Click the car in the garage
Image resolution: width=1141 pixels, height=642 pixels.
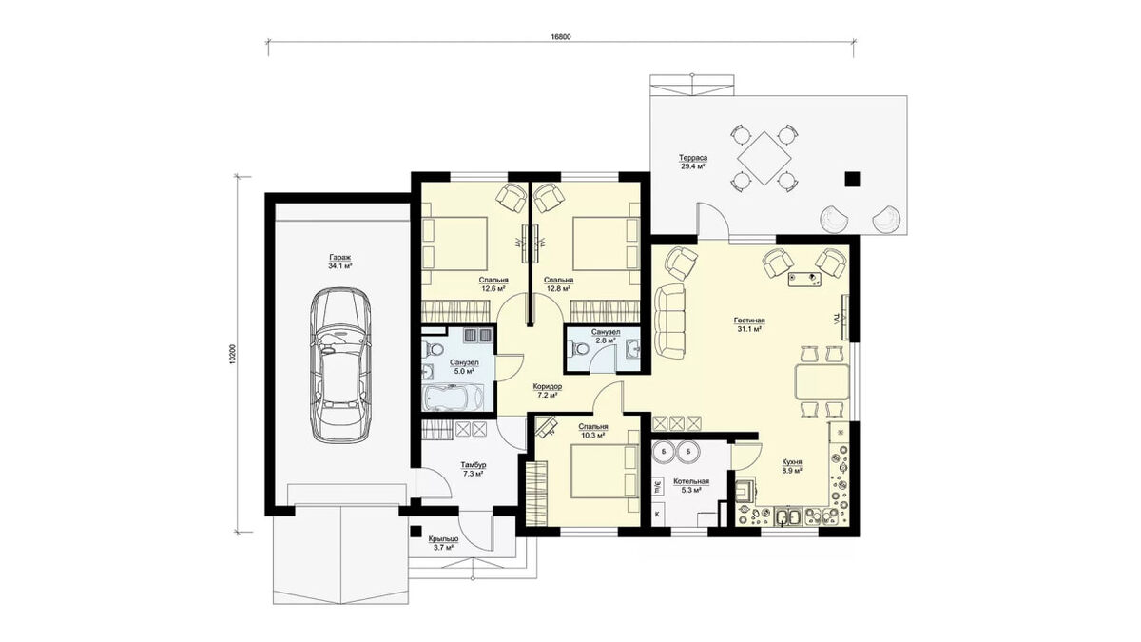[x=340, y=365]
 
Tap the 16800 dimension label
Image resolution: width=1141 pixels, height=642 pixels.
[x=561, y=37]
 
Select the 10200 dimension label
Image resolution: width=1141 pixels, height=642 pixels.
[x=233, y=354]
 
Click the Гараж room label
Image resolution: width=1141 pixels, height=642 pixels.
[x=339, y=258]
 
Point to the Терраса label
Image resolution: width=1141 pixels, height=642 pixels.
[x=693, y=158]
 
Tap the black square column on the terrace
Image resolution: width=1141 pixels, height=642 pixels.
[x=852, y=179]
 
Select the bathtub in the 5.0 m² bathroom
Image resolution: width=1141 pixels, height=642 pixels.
[x=453, y=397]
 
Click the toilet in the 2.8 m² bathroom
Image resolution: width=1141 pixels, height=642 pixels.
[x=579, y=349]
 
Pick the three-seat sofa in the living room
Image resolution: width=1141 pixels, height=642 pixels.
[x=670, y=321]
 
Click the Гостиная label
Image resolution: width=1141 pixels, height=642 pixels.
[x=749, y=321]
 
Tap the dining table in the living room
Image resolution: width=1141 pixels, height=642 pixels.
[x=822, y=381]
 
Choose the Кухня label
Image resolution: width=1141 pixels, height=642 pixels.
[x=792, y=463]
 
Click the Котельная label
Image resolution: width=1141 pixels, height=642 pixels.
[x=691, y=481]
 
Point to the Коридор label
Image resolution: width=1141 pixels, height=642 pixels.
[x=548, y=387]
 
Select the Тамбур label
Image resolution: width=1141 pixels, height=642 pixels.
[x=474, y=465]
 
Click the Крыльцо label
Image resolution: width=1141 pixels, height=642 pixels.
[x=443, y=539]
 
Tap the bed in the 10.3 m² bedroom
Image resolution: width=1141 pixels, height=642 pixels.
[x=605, y=471]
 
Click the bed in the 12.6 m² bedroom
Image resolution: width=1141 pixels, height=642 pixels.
[x=454, y=243]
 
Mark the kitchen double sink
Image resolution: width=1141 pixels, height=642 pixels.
[x=788, y=517]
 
